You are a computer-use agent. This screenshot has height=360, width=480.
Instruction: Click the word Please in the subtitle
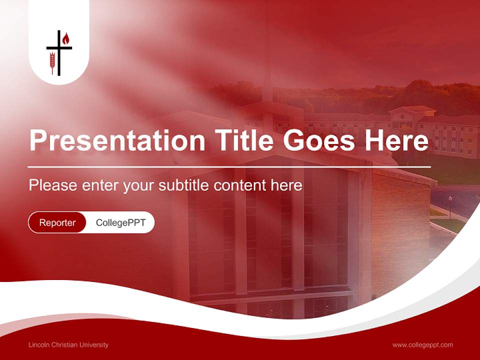pyautogui.click(x=51, y=185)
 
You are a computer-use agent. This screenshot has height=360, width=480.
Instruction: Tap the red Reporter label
pyautogui.click(x=57, y=222)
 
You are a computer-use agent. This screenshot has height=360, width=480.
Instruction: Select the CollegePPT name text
pyautogui.click(x=120, y=222)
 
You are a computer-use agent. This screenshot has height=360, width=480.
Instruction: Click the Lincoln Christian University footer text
pyautogui.click(x=68, y=344)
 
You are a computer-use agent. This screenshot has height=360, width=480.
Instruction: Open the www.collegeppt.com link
pyautogui.click(x=422, y=344)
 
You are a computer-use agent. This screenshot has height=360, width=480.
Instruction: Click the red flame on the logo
pyautogui.click(x=65, y=39)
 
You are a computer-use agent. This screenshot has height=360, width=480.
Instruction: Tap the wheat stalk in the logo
pyautogui.click(x=52, y=63)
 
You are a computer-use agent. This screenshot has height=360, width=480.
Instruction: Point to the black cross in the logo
pyautogui.click(x=59, y=50)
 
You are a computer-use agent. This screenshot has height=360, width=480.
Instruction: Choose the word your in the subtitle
pyautogui.click(x=138, y=185)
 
